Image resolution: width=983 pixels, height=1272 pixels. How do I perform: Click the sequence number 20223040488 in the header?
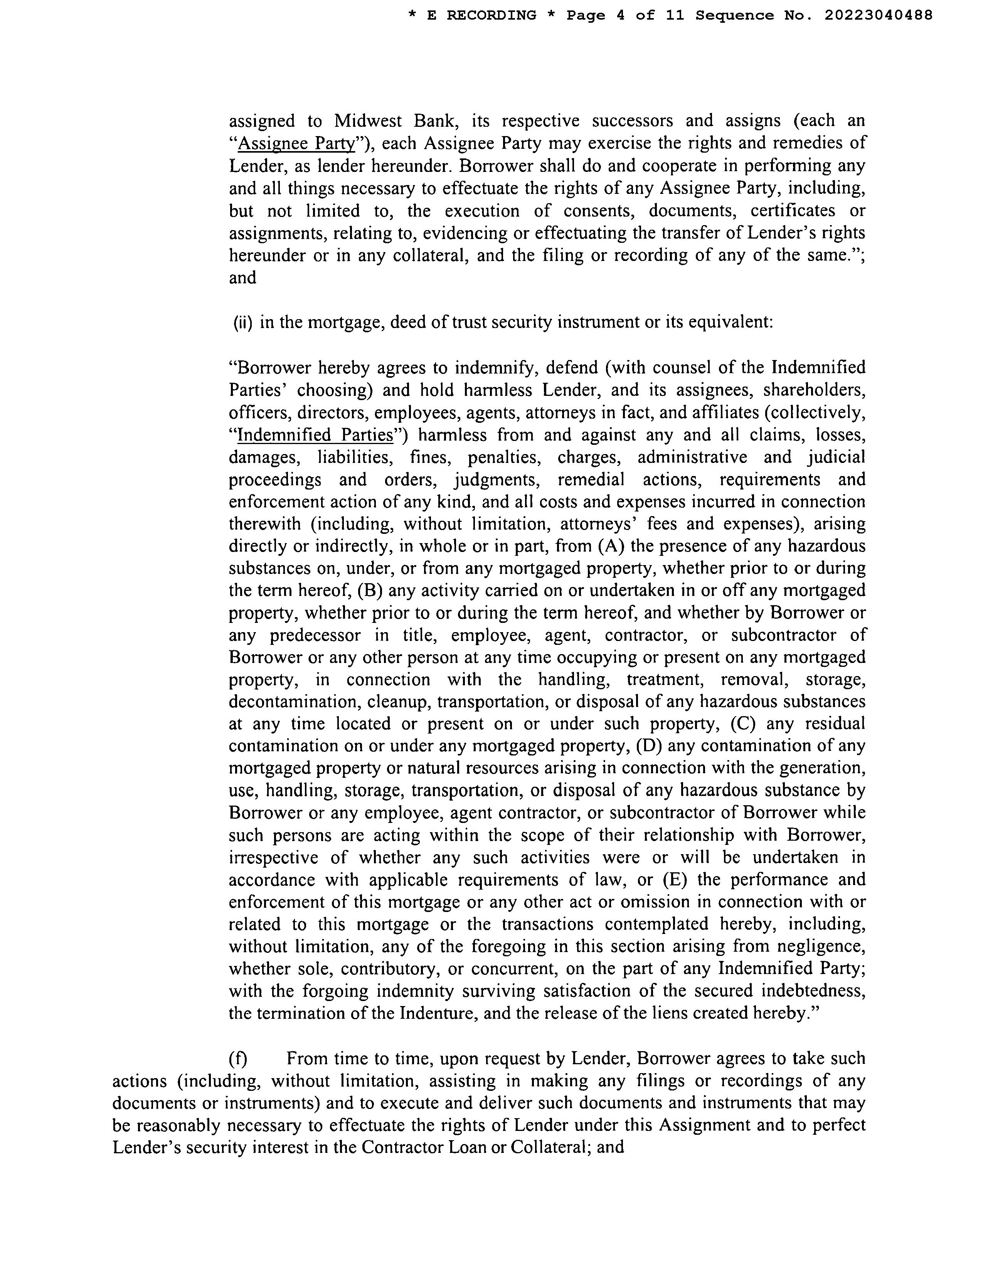click(x=878, y=15)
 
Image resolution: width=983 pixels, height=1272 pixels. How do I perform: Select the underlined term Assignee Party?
click(x=296, y=143)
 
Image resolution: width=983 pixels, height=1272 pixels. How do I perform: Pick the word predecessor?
click(x=315, y=635)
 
